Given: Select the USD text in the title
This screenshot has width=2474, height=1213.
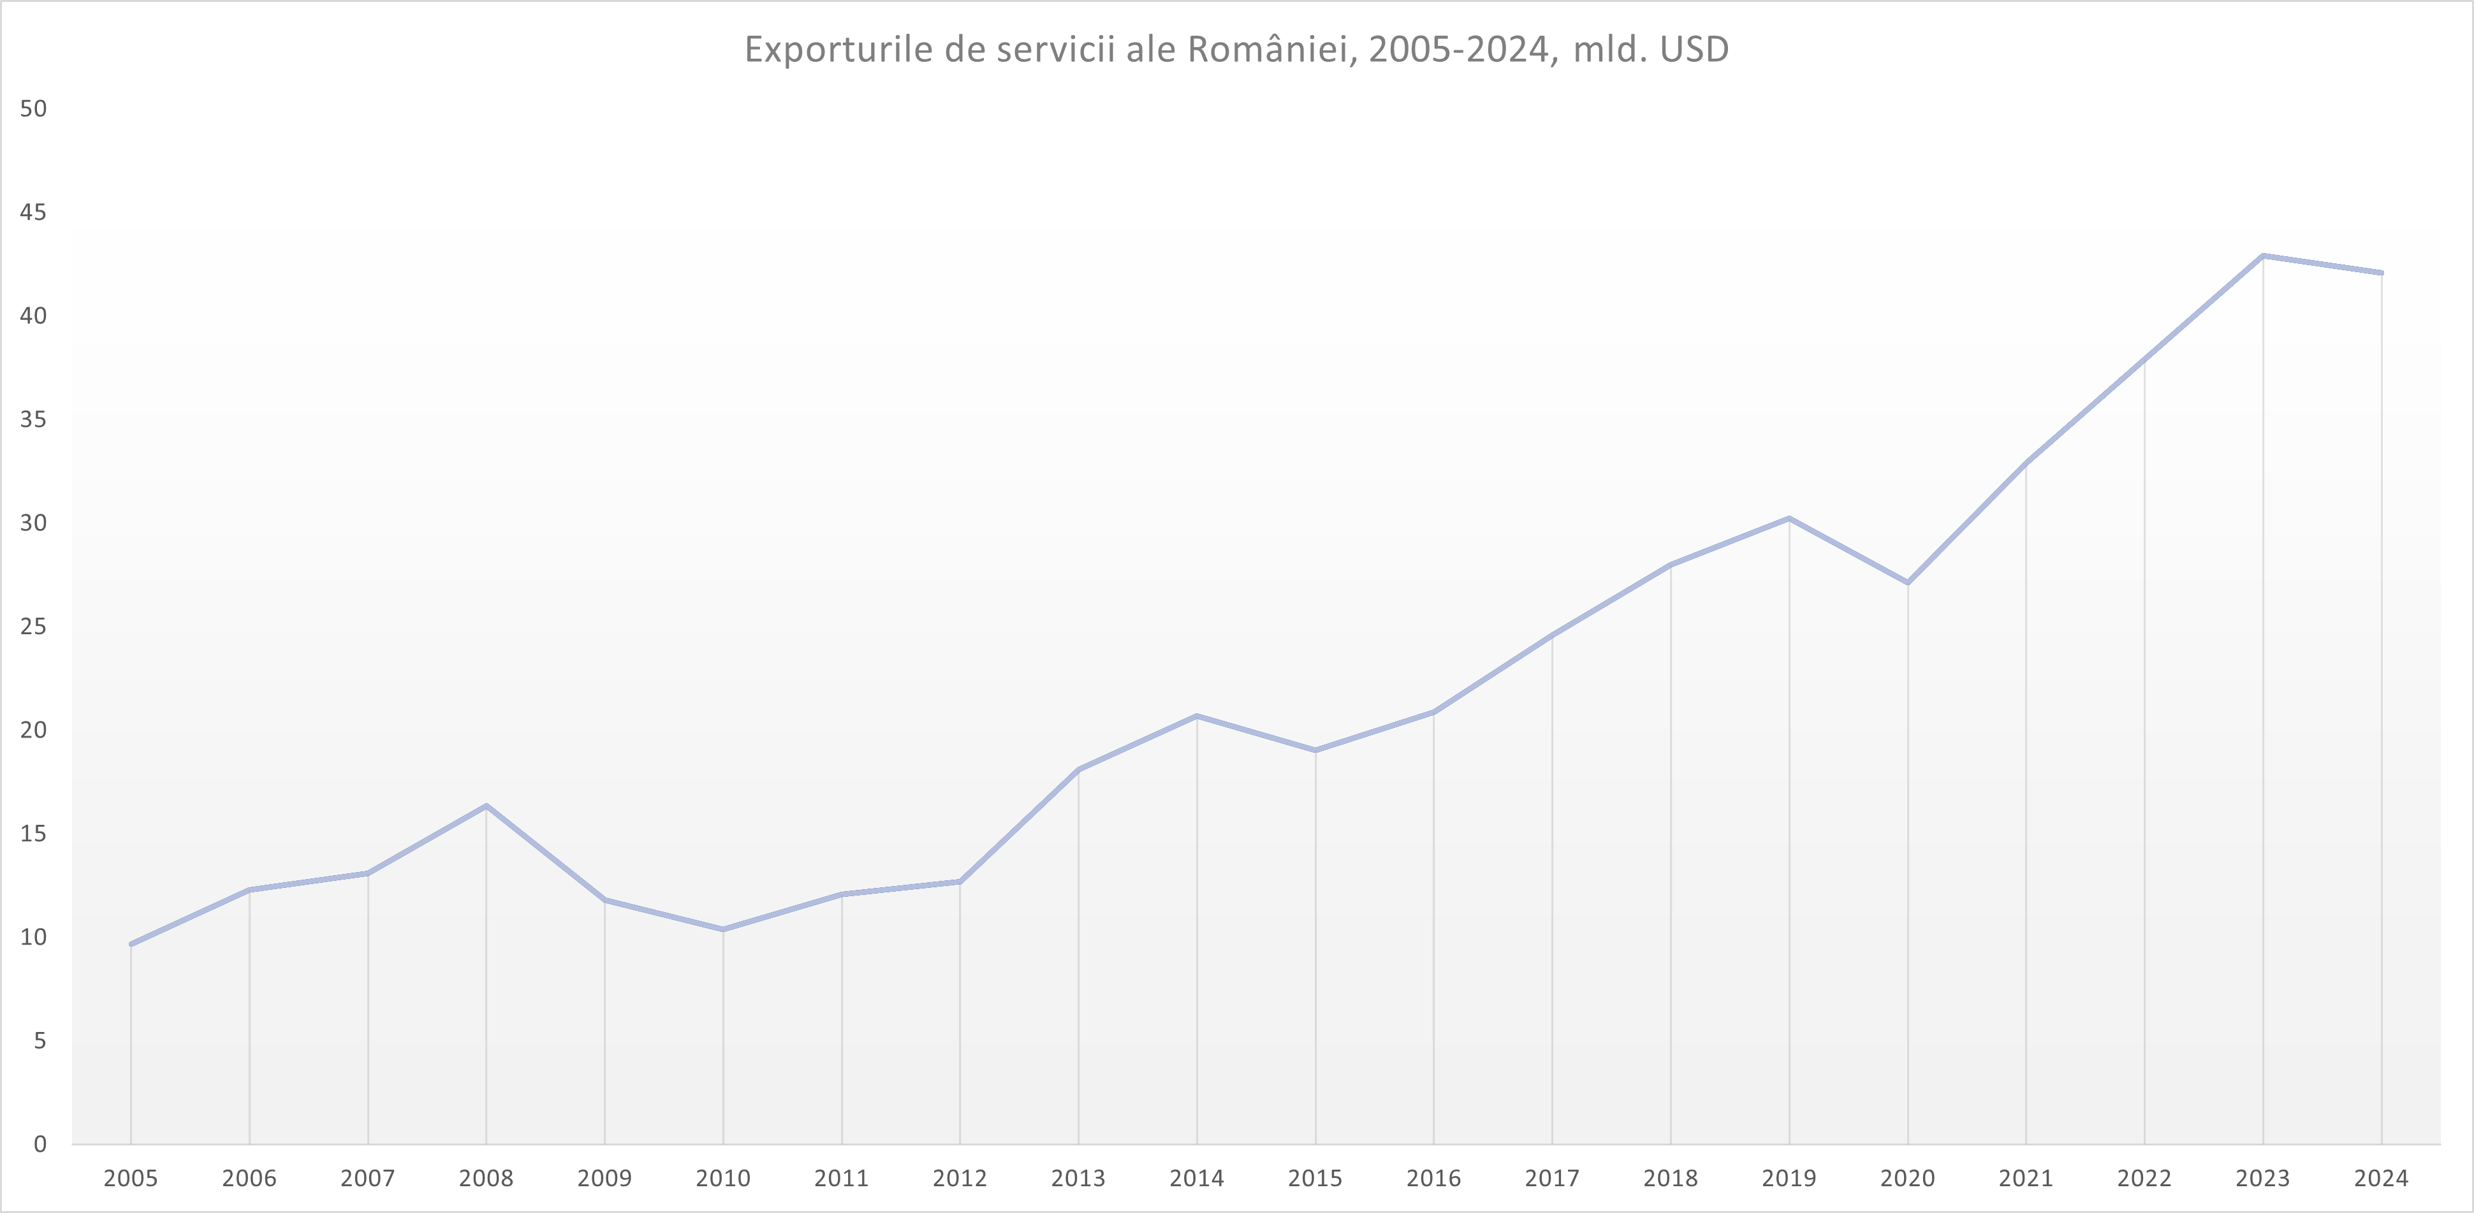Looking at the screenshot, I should click(1694, 50).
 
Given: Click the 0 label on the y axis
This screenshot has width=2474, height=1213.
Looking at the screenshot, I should click(40, 1144).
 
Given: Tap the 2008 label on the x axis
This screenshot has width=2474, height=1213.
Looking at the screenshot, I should click(486, 1179).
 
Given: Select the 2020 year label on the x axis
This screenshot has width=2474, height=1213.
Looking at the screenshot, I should click(1907, 1179).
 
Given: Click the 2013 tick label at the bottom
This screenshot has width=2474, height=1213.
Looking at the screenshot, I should click(1078, 1179).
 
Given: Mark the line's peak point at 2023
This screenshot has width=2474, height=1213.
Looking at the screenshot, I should click(2263, 256).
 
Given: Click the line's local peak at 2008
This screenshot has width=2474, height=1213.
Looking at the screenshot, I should click(486, 806).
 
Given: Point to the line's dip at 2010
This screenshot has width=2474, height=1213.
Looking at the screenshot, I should click(723, 929).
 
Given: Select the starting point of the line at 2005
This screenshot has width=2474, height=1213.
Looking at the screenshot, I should click(131, 944).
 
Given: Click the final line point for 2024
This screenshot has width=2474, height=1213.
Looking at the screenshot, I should click(2381, 273).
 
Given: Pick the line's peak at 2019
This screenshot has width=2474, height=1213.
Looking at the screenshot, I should click(1789, 519).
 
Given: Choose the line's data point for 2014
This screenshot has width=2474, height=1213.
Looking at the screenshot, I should click(1197, 716).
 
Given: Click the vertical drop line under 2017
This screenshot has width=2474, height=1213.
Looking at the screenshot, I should click(1552, 893).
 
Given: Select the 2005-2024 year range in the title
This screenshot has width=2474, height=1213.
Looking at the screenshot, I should click(1459, 50).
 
